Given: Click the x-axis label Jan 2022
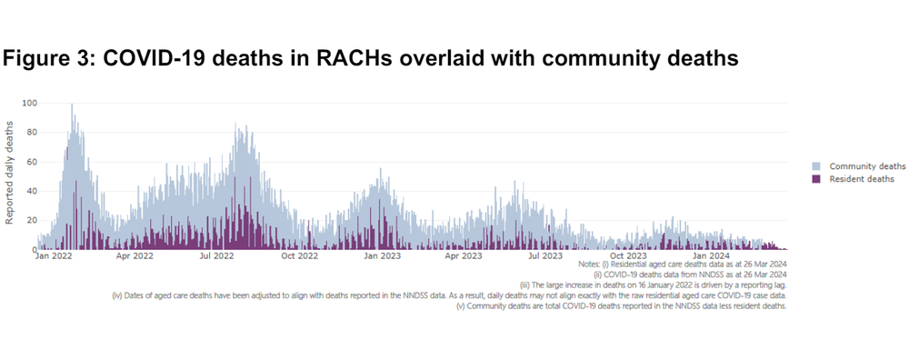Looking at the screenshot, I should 54,257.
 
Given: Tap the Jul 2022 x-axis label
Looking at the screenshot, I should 217,257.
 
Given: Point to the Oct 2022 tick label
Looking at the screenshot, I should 300,257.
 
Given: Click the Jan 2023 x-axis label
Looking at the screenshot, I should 383,257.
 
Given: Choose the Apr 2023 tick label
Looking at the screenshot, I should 464,257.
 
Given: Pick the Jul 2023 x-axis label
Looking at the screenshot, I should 545,257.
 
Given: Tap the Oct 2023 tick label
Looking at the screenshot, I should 628,257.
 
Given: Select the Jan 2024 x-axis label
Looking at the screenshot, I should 712,257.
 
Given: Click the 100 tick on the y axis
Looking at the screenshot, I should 30,103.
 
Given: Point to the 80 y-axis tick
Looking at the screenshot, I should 32,133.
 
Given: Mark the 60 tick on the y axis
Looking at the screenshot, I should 32,162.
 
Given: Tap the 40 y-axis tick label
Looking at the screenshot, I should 32,191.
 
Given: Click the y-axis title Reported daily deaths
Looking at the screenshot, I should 11,175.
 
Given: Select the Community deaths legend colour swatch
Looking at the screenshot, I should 816,166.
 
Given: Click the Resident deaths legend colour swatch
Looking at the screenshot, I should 816,179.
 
